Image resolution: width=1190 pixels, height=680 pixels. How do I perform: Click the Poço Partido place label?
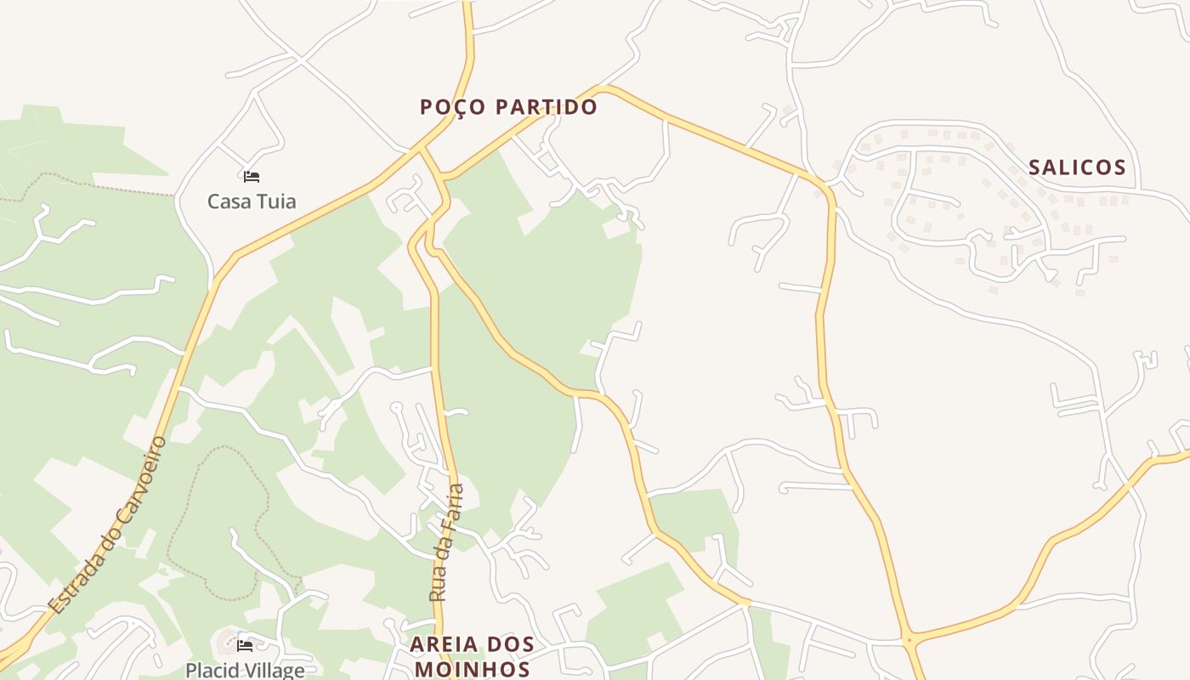pos(508,107)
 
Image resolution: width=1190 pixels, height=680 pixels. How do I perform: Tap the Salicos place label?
pos(1077,167)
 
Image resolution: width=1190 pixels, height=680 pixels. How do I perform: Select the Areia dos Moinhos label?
pos(472,656)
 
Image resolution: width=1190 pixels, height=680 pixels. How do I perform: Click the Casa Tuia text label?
pos(252,201)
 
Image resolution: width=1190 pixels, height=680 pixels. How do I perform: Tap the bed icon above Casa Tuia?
pos(251,177)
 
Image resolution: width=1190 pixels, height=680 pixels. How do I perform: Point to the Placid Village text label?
pos(245,670)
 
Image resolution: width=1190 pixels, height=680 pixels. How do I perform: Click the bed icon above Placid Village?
pos(245,646)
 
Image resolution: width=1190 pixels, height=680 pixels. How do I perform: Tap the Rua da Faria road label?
pos(447,542)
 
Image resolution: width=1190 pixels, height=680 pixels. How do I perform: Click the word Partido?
pos(547,107)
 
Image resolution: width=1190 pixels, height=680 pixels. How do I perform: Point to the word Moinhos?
pos(472,669)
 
